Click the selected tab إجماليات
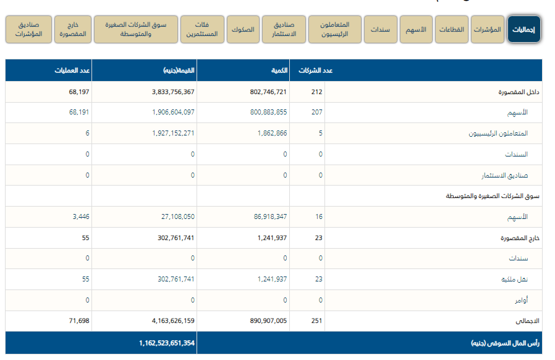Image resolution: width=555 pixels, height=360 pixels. [524, 29]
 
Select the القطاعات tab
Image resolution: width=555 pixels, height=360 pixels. [452, 29]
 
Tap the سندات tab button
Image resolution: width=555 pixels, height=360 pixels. [380, 29]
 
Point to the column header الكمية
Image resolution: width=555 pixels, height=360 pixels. [279, 71]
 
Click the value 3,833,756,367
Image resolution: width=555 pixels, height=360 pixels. [172, 92]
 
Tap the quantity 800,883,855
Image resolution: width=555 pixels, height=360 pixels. [265, 113]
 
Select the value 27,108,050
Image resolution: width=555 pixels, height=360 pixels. [177, 217]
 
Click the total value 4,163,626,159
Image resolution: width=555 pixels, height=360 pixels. [172, 321]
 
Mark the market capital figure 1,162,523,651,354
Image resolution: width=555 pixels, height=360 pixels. [166, 343]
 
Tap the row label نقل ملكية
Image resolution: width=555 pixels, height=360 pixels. [514, 280]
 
